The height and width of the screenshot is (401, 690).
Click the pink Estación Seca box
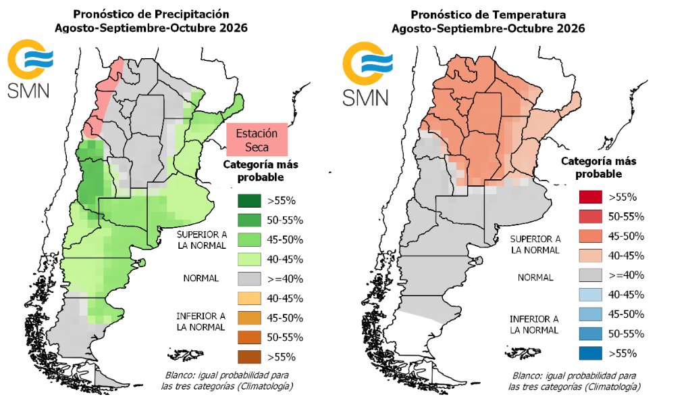pyautogui.click(x=257, y=140)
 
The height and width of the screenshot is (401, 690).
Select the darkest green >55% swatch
pyautogui.click(x=249, y=201)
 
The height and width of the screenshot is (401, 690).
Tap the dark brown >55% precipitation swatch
pyautogui.click(x=249, y=357)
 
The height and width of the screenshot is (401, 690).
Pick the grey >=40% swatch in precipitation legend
pyautogui.click(x=249, y=279)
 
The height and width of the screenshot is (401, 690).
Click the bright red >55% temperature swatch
pyautogui.click(x=591, y=197)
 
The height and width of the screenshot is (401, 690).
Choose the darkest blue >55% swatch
pyautogui.click(x=591, y=354)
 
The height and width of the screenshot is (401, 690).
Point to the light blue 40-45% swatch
pyautogui.click(x=591, y=295)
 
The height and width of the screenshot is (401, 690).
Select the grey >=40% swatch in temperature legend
pyautogui.click(x=591, y=275)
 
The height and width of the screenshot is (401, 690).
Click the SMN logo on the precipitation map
pyautogui.click(x=30, y=69)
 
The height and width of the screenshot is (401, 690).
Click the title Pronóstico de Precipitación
pyautogui.click(x=151, y=14)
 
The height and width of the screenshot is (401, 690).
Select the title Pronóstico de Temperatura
pyautogui.click(x=488, y=15)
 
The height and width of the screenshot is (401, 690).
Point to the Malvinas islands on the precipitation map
pyautogui.click(x=186, y=355)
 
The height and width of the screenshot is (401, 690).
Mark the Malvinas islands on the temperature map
pyautogui.click(x=523, y=353)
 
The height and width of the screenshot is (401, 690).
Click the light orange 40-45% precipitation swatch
pyautogui.click(x=249, y=298)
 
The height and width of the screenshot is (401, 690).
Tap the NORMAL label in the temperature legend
pyautogui.click(x=535, y=278)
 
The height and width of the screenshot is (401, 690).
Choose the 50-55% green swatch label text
pyautogui.click(x=285, y=220)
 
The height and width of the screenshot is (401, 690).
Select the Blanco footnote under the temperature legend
pyautogui.click(x=574, y=381)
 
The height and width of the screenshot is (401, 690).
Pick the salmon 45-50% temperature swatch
pyautogui.click(x=591, y=236)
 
